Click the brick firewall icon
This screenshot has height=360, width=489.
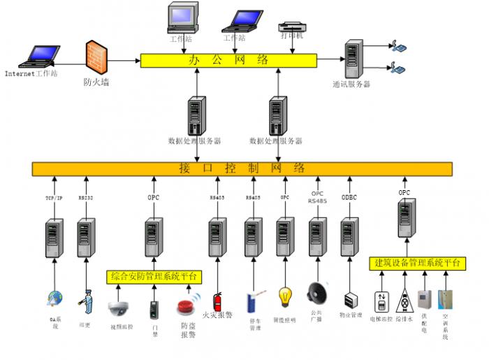click(96, 57)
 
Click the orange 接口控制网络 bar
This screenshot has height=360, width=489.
click(242, 168)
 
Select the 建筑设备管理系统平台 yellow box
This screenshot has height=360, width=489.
click(416, 264)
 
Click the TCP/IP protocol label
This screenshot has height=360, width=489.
click(54, 199)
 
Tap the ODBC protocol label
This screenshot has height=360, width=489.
click(349, 198)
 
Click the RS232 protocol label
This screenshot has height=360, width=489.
click(86, 199)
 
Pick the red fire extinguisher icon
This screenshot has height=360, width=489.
click(217, 301)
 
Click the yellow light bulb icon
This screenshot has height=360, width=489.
click(284, 296)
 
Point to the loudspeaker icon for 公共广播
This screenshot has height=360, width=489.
click(318, 291)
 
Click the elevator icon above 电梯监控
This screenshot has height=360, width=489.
click(381, 301)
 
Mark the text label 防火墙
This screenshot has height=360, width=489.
click(96, 82)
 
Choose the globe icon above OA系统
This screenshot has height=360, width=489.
click(54, 300)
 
